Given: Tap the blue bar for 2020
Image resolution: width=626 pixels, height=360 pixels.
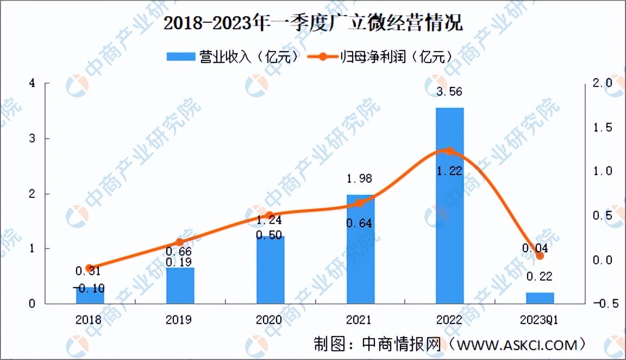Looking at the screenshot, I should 270,272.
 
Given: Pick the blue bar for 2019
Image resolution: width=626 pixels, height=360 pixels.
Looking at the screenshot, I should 180,285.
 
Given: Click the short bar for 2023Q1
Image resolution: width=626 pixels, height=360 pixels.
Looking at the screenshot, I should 540,297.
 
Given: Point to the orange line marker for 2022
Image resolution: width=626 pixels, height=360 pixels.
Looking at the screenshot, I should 449,151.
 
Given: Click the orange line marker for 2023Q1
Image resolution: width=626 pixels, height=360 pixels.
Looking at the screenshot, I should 540,256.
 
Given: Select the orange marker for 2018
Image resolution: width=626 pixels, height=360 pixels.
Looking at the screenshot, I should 90,268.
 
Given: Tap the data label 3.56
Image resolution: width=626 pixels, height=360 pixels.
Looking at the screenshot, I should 449,92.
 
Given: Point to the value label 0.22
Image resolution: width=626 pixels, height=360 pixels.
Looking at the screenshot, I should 540,277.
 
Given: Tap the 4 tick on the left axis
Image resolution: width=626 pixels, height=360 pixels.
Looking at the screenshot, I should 33,83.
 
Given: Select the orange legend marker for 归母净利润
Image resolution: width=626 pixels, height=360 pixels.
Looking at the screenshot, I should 322,56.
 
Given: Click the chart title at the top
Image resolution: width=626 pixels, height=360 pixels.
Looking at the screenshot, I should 312,24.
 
